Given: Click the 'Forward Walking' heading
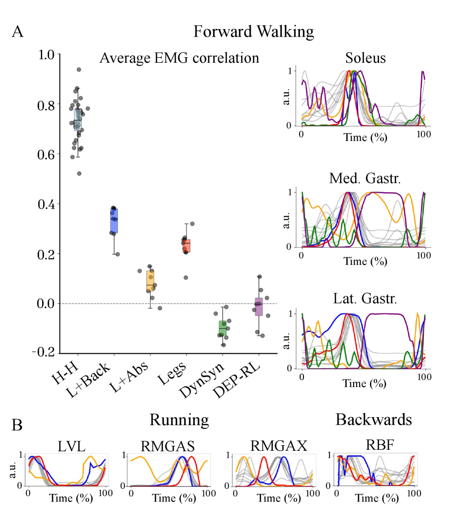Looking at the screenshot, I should point(253,32).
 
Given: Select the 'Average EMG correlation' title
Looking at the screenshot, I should point(179,58).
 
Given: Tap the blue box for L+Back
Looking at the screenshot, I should point(114,221).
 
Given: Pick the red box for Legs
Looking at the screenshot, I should point(186,246).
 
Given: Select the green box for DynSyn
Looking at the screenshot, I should point(222,328).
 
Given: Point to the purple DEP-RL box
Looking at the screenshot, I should point(258,306).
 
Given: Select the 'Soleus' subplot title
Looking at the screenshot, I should point(366,58).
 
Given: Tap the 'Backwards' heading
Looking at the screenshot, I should point(374,419).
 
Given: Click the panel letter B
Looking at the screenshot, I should point(17,426).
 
